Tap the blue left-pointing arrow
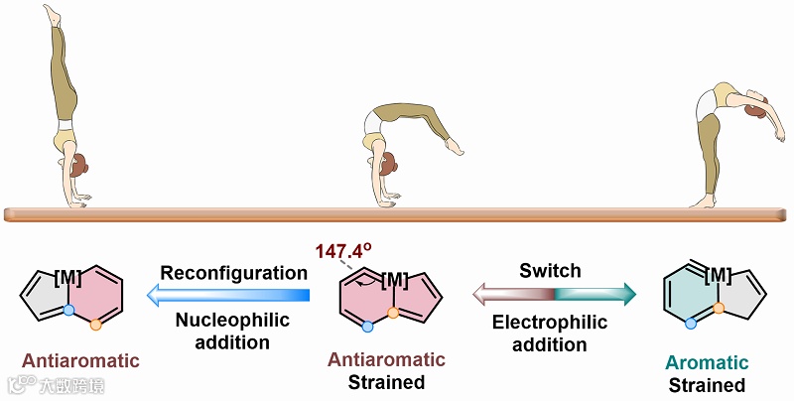tap(229, 294)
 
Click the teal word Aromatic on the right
tap(708, 362)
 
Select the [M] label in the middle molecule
tap(395, 278)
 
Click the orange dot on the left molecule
tap(95, 324)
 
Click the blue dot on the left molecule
tap(68, 310)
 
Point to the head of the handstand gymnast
tap(77, 165)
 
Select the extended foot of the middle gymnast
tap(454, 148)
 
